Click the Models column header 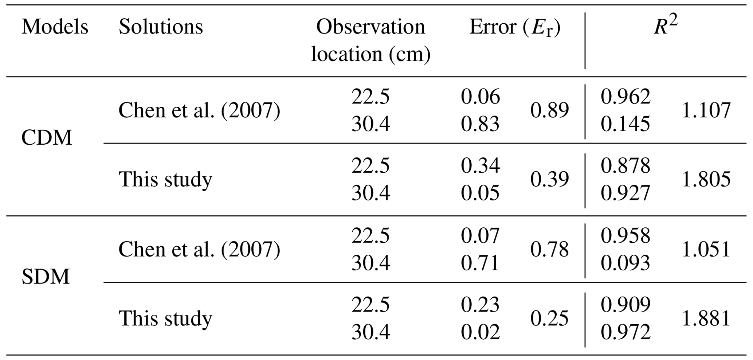click(x=55, y=27)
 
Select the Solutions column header click(x=161, y=27)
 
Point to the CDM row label click(x=47, y=138)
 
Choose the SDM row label click(x=46, y=277)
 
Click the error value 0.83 click(x=480, y=124)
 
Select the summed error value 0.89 click(x=549, y=110)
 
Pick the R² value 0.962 click(x=625, y=97)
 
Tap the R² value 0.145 click(x=625, y=124)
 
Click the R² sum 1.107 click(x=706, y=110)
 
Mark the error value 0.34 click(x=480, y=166)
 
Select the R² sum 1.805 click(x=706, y=179)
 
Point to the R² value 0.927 click(x=625, y=193)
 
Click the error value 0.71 click(x=480, y=263)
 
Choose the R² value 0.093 click(x=625, y=263)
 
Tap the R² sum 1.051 click(x=706, y=250)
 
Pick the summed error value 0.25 click(x=549, y=319)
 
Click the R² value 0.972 click(x=625, y=332)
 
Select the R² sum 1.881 click(x=706, y=319)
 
